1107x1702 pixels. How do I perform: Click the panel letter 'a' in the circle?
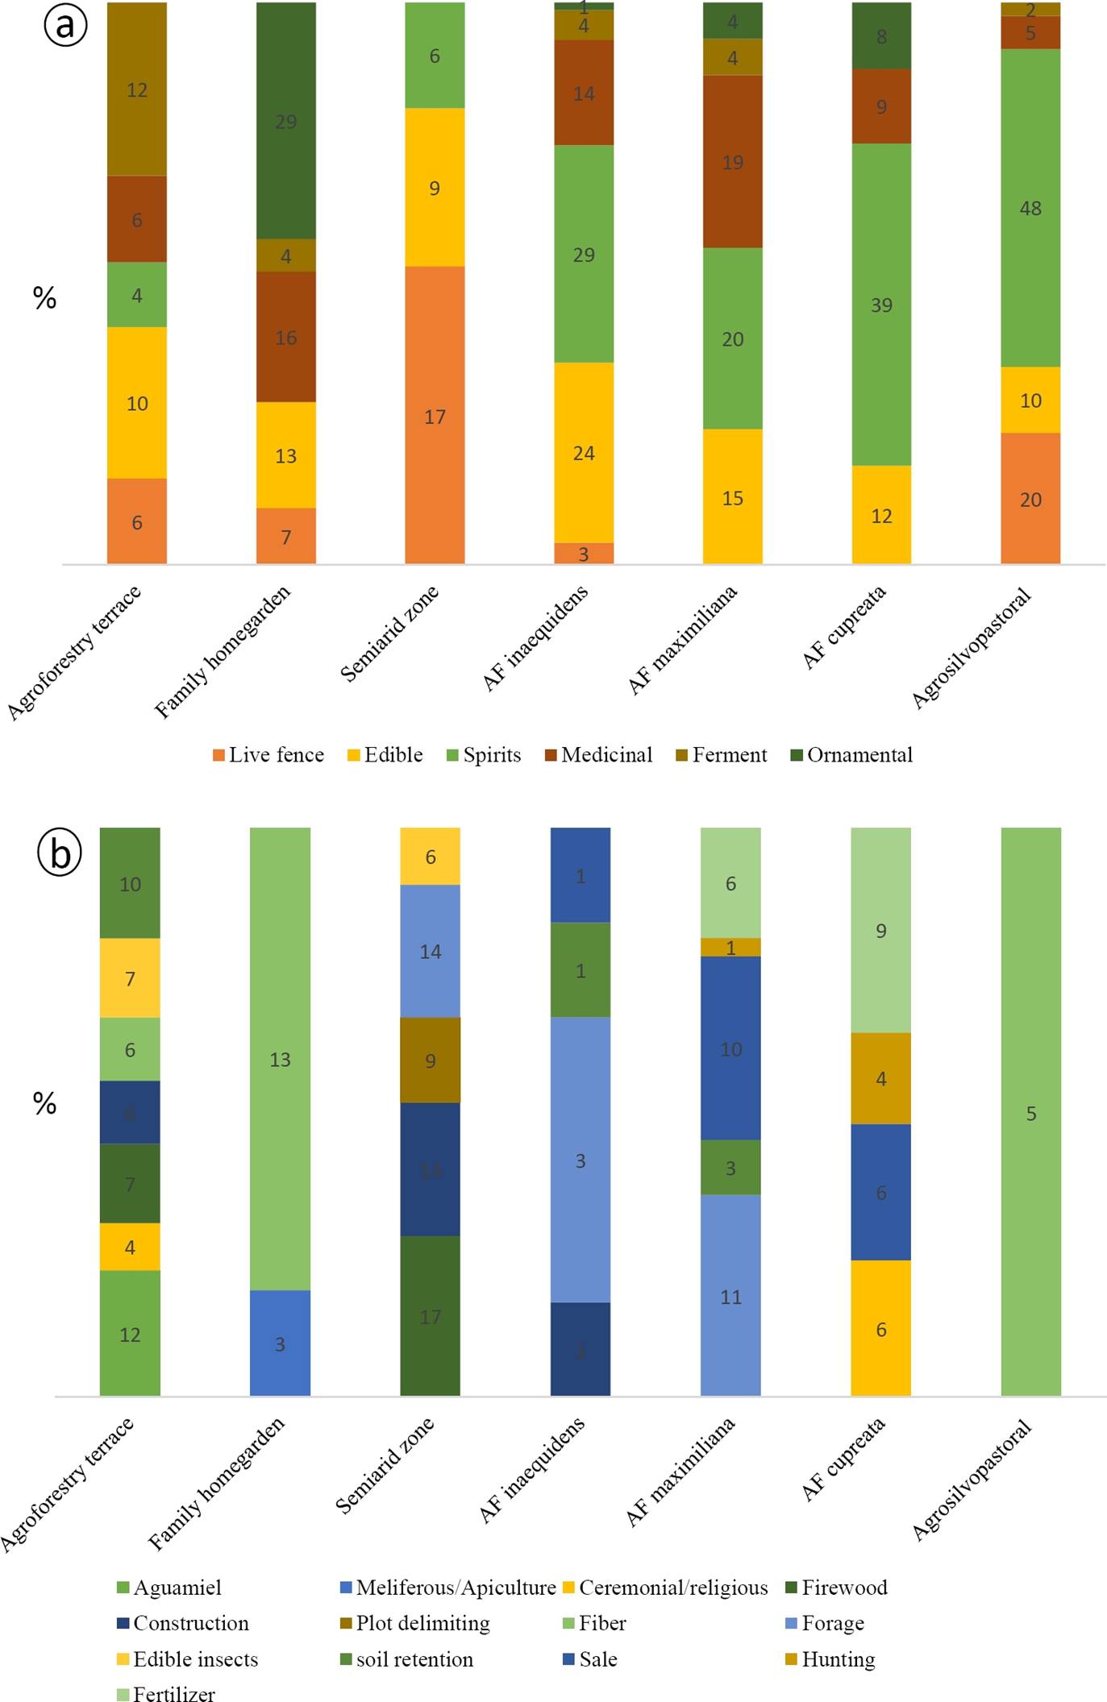pos(65,25)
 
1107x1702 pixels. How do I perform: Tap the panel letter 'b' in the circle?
pos(60,853)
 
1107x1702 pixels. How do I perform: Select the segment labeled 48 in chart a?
pos(1030,208)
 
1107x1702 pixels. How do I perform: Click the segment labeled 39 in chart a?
pos(881,305)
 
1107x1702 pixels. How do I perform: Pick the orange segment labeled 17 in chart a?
pos(435,416)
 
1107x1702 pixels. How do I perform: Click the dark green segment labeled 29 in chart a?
pos(286,121)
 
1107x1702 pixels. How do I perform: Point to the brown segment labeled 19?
pos(732,162)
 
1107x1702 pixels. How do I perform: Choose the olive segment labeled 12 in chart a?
pos(137,89)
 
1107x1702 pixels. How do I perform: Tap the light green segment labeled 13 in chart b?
pos(280,1059)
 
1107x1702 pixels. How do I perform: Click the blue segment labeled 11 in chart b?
pos(730,1296)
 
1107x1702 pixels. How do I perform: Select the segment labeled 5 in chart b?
pos(1030,1113)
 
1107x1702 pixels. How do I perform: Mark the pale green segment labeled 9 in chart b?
pos(880,930)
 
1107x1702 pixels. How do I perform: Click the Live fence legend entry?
pos(268,755)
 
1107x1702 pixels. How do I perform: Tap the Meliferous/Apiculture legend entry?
pos(447,1588)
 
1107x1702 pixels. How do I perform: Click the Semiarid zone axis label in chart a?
pos(390,633)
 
